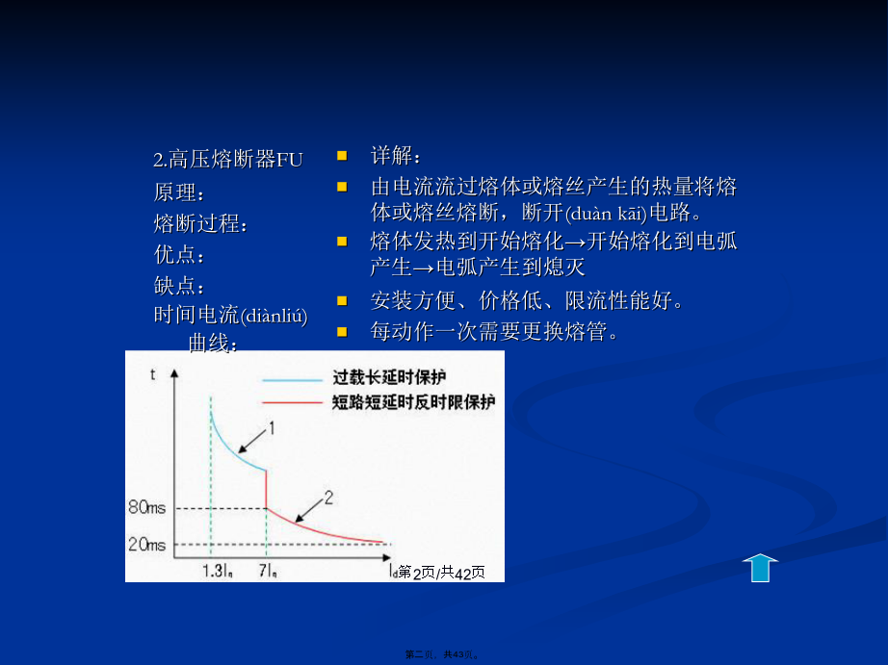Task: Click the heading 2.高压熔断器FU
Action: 227,160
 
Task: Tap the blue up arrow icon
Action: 760,568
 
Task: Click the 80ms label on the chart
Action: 146,507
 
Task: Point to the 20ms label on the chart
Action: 146,545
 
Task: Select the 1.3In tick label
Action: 218,571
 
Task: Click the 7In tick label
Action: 268,571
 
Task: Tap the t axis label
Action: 152,374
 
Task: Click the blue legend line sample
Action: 292,380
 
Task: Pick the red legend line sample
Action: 292,403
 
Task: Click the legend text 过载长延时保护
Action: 389,377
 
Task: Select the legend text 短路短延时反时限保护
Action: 413,402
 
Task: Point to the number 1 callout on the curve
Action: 272,428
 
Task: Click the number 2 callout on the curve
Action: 328,499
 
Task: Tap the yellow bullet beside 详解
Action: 342,156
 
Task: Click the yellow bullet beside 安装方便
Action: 342,300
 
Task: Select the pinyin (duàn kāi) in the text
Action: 606,214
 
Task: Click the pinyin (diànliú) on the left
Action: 274,316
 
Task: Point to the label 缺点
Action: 179,285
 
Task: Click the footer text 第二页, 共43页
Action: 443,654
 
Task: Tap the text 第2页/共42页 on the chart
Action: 442,573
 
